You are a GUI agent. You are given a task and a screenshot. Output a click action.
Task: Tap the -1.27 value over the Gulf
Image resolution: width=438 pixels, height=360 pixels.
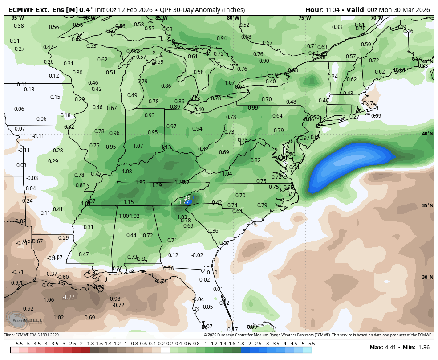coord(68,297)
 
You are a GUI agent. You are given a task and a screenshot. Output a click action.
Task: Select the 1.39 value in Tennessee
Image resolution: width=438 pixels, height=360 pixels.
coord(157,185)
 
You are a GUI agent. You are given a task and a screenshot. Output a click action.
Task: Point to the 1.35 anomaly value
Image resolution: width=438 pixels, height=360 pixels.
coord(140,183)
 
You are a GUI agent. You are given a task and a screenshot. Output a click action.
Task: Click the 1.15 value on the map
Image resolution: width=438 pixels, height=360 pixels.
coord(129,202)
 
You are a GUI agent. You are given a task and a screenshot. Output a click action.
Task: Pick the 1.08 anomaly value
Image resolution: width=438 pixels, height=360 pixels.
coord(127,172)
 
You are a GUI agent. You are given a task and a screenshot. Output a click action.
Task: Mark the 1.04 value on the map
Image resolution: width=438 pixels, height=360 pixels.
coord(227,174)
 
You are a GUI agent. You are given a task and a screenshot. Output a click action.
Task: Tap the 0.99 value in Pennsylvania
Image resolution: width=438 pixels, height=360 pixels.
coord(253,108)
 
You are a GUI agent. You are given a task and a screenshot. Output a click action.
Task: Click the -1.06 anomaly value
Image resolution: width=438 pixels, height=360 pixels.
coord(48,300)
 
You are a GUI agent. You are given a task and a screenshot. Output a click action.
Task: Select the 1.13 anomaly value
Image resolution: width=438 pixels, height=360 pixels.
coord(166,147)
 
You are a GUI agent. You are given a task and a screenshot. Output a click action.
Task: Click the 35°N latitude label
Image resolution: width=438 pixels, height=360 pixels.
coord(427,205)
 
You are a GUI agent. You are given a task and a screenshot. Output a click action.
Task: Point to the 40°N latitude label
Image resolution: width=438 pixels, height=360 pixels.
coord(427,134)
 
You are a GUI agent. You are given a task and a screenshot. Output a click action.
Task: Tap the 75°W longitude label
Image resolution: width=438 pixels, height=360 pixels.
coord(304,18)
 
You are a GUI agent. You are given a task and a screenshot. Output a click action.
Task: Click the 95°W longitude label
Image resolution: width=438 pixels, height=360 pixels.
coord(18,18)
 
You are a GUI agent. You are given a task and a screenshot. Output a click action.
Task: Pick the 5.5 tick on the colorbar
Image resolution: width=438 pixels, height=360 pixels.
coord(311,344)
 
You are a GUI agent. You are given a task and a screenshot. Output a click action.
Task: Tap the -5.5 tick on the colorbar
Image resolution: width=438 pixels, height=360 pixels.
coord(19,344)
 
